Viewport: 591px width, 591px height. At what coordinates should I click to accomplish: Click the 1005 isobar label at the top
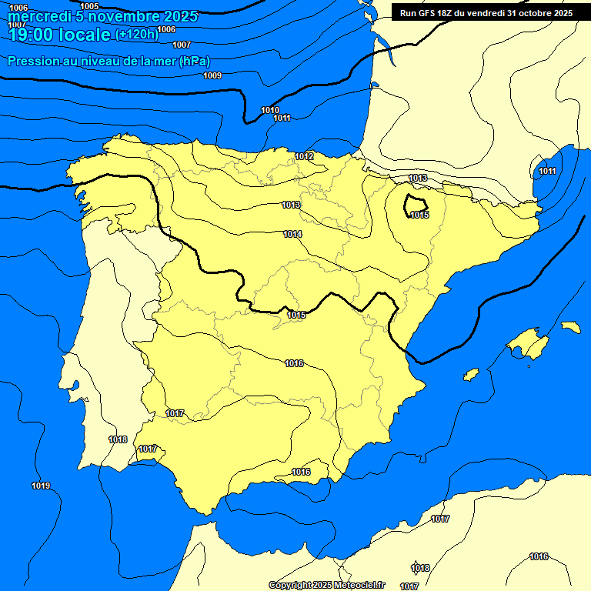coord(89,6)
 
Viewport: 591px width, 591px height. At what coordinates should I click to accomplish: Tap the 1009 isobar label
coord(212,75)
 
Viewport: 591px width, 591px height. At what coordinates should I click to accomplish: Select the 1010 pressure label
coord(270,110)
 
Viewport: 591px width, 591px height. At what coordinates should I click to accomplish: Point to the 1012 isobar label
coord(304,157)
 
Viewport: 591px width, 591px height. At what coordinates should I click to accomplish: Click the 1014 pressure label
coord(292,234)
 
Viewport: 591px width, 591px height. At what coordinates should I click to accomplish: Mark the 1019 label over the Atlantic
coord(41,486)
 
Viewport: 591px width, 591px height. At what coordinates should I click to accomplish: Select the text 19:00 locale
coord(58,35)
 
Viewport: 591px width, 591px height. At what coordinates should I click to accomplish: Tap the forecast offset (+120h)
coord(136,35)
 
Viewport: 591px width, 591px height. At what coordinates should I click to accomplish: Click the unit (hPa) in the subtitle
coord(194,62)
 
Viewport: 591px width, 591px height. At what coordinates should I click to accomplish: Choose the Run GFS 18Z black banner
coord(486,13)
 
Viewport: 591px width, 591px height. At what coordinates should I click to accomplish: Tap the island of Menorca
coord(570,327)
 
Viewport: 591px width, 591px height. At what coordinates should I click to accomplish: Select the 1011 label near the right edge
coord(547,171)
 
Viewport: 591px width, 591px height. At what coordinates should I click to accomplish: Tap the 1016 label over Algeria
coord(539,556)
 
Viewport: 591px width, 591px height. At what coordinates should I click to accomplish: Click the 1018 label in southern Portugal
coord(118,439)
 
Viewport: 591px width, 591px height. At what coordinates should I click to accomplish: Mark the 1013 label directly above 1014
coord(291,205)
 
